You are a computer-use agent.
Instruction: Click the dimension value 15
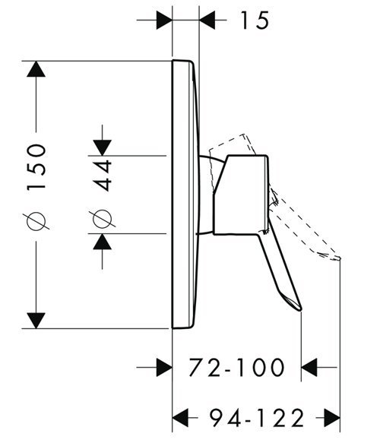(255, 21)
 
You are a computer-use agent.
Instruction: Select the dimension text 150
(36, 167)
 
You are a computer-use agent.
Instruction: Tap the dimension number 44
(103, 176)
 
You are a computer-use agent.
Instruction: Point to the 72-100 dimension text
(236, 367)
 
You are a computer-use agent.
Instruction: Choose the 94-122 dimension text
(257, 418)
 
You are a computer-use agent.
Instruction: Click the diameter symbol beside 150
(36, 221)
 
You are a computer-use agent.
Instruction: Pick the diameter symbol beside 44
(103, 219)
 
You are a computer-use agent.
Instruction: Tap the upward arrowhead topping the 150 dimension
(36, 69)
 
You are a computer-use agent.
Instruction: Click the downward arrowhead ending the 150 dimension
(36, 321)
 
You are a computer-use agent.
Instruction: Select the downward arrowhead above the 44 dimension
(103, 147)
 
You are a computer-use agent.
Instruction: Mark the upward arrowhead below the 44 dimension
(103, 242)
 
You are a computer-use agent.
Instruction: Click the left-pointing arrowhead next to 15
(207, 20)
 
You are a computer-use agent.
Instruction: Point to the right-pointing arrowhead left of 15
(164, 20)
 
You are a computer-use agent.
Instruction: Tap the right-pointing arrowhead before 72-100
(164, 367)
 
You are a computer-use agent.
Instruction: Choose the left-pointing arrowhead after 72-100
(309, 367)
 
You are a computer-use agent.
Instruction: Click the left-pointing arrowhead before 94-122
(180, 418)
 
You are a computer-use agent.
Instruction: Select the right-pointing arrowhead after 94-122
(331, 418)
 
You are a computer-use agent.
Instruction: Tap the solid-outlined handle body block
(241, 195)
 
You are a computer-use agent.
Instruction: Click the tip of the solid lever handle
(301, 310)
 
